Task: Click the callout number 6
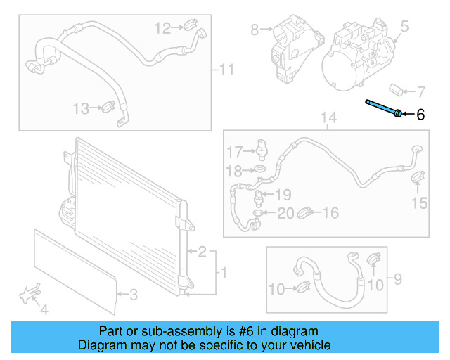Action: [420, 115]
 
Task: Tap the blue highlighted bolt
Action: [383, 108]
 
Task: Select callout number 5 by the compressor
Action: [404, 27]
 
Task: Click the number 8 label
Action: [255, 30]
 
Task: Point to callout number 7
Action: [420, 91]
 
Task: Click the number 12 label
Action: [162, 28]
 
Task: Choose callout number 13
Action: [81, 108]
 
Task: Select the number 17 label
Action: [233, 151]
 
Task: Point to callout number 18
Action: [233, 170]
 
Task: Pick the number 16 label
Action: [330, 212]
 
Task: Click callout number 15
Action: [419, 204]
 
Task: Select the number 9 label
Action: [397, 281]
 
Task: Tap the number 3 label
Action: [133, 295]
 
